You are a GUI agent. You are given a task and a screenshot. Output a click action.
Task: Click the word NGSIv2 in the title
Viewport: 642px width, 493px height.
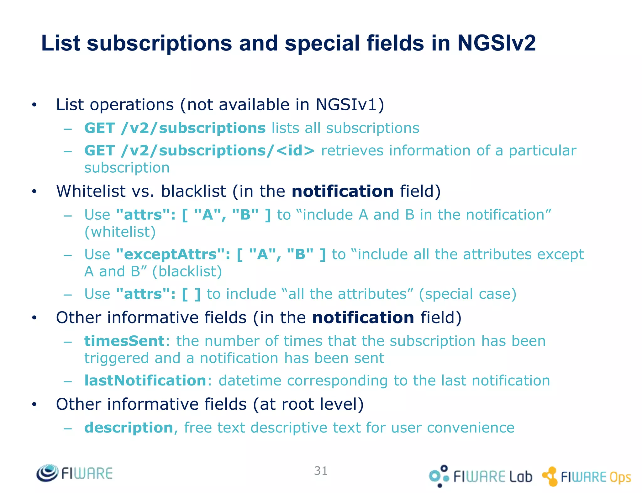tap(496, 43)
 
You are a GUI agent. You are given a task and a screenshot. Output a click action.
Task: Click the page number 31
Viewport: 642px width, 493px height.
tap(321, 471)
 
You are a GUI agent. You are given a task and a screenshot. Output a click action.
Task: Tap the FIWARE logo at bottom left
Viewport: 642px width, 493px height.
tap(75, 473)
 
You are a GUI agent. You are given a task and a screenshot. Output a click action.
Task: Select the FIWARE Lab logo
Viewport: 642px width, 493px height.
tap(480, 476)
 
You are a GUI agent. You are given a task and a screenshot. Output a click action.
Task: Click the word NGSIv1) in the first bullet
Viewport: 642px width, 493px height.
tap(350, 104)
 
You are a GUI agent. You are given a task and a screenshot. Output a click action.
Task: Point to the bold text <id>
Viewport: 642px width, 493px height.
tap(295, 150)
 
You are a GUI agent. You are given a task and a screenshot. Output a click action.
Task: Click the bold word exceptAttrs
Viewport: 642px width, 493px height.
tap(170, 254)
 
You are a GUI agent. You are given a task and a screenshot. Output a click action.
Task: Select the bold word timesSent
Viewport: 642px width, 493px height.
tap(124, 341)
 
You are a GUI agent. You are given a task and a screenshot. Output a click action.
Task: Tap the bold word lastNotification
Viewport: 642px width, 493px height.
tap(145, 380)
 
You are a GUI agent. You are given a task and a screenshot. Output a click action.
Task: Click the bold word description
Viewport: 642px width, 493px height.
tap(129, 427)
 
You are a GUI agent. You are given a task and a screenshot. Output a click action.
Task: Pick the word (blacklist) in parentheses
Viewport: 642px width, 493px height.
tap(187, 271)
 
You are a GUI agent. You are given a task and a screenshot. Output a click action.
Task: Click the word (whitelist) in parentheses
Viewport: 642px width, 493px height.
tap(120, 232)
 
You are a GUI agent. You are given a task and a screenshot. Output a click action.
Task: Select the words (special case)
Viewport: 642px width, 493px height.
tap(467, 294)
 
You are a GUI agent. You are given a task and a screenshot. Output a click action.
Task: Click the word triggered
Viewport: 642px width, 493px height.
tap(116, 358)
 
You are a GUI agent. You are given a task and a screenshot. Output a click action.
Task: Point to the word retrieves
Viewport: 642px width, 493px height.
tap(352, 150)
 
